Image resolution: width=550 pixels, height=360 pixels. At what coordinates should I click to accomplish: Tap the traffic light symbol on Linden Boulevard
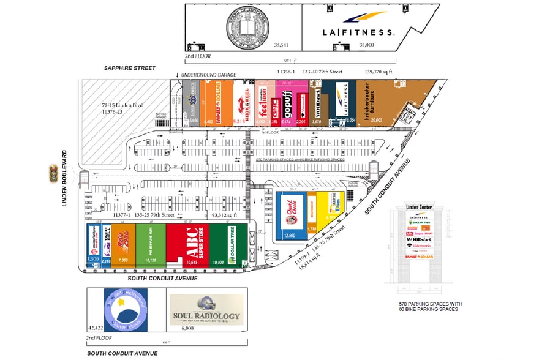[x=54, y=173]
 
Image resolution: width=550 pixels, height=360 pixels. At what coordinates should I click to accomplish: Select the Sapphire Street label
[x=129, y=68]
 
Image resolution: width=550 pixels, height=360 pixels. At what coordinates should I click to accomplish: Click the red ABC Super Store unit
[x=187, y=244]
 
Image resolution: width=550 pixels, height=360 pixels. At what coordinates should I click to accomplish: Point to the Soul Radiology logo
[x=205, y=310]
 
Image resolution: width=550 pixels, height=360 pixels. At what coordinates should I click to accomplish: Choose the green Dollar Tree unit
[x=228, y=244]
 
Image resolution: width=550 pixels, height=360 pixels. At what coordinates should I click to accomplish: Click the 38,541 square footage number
[x=281, y=45]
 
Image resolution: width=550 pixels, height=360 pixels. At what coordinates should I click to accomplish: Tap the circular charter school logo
[x=126, y=309]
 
